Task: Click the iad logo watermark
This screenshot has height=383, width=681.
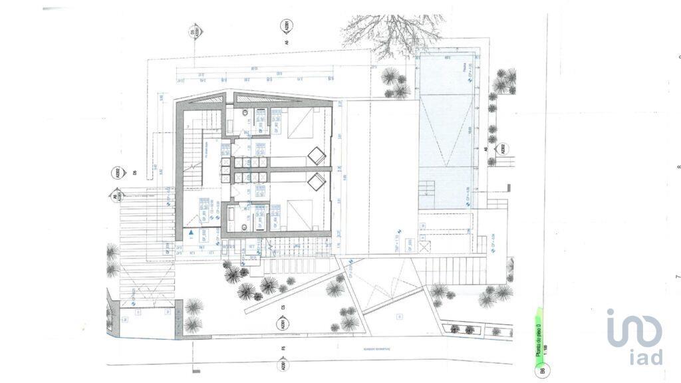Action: [635, 336]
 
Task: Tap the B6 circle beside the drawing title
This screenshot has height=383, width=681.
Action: [543, 370]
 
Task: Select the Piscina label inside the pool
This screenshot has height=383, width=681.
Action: [463, 66]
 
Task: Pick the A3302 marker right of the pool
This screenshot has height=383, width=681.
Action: [503, 149]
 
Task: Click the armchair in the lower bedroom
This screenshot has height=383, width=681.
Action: [317, 180]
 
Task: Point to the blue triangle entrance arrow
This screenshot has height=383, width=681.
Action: [192, 233]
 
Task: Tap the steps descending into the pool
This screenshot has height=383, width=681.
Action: [426, 193]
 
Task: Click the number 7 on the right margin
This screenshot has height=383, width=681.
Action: [678, 276]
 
